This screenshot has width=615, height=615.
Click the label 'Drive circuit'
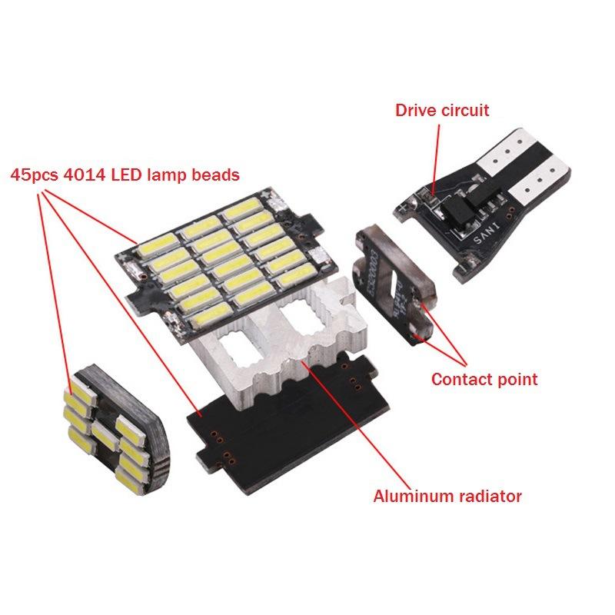(441, 110)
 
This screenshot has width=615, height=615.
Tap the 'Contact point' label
(484, 379)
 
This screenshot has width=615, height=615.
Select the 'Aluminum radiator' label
(447, 496)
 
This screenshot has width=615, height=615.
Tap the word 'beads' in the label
(216, 175)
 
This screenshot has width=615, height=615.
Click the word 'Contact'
(459, 379)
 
